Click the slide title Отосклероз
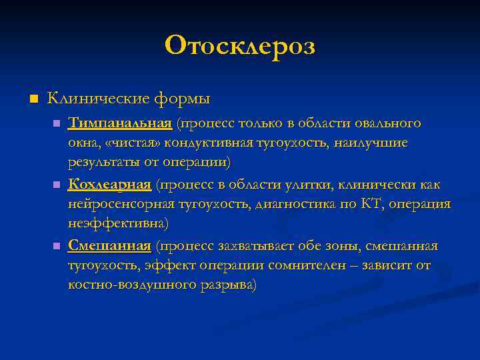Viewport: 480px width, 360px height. click(x=240, y=45)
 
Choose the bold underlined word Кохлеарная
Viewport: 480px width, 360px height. click(x=109, y=184)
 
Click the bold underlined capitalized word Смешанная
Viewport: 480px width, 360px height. click(x=109, y=245)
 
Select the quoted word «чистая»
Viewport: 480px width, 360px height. click(x=129, y=143)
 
